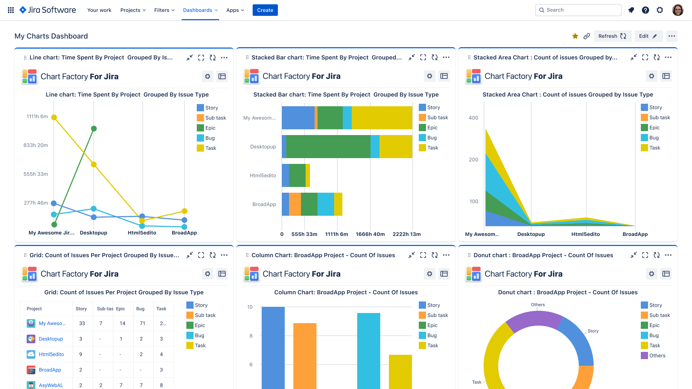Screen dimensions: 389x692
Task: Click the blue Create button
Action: [x=265, y=10]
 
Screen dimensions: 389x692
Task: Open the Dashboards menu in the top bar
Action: [x=200, y=10]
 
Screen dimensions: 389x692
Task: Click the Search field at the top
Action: [x=578, y=10]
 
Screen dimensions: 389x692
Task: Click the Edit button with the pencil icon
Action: [x=648, y=36]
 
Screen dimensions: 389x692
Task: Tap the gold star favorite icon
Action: [x=575, y=36]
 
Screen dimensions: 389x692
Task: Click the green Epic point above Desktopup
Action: [x=94, y=129]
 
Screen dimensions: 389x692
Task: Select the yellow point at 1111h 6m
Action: [x=54, y=117]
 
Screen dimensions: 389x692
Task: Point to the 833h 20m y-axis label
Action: [x=36, y=145]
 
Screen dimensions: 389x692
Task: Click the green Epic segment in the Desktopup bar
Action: [x=328, y=147]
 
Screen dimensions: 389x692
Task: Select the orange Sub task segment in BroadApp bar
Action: [x=295, y=204]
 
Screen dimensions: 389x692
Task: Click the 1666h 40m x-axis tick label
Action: [x=370, y=234]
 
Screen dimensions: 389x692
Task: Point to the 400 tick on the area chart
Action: [x=473, y=118]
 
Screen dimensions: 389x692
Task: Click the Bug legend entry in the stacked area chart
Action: [x=653, y=138]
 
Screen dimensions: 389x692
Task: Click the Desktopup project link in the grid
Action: [x=51, y=339]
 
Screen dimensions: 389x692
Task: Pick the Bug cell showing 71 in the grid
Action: [x=142, y=323]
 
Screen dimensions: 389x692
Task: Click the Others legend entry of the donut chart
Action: [x=657, y=356]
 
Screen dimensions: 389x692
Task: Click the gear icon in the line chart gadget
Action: [x=208, y=76]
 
